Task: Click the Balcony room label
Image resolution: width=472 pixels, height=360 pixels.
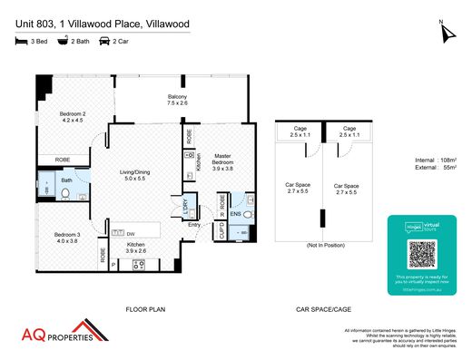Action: [x=178, y=100]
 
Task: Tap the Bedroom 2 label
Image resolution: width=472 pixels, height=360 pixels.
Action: [x=73, y=116]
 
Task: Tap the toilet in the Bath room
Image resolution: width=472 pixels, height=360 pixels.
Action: [x=66, y=192]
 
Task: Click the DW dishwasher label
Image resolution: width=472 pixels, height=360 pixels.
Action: [x=131, y=232]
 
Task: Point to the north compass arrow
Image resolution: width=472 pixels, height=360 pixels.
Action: [x=445, y=34]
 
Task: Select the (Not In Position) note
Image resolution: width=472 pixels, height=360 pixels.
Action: [x=323, y=247]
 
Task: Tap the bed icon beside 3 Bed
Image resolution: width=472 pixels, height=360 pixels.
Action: [x=21, y=42]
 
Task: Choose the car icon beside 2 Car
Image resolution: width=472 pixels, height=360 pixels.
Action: [x=104, y=42]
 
